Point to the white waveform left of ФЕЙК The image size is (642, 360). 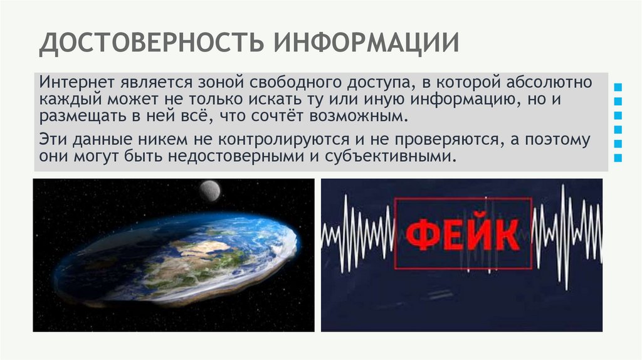click(357, 235)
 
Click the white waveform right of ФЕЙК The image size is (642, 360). click(567, 235)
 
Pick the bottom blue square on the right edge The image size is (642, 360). click(619, 158)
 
